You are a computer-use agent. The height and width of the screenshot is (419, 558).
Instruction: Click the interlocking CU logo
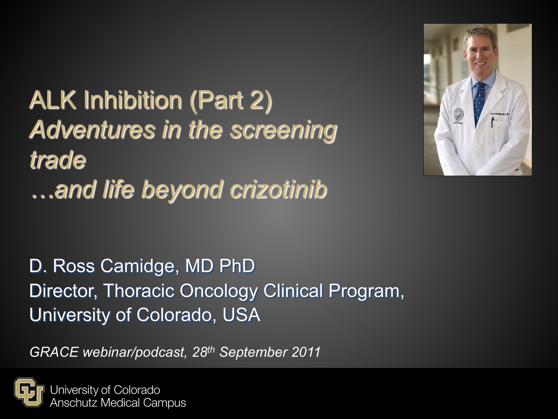click(x=29, y=392)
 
